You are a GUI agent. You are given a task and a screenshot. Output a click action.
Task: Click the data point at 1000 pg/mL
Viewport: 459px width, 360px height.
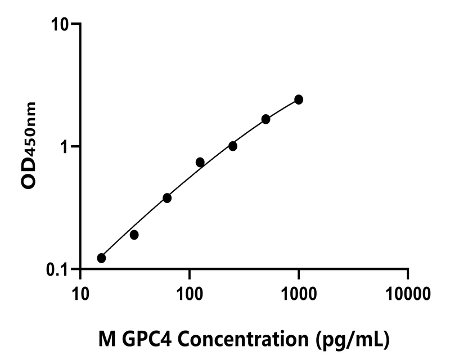(299, 100)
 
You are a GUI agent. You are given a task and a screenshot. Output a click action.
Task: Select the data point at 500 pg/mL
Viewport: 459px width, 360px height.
(266, 119)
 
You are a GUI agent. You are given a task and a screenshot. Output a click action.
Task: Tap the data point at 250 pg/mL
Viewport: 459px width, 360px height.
(233, 146)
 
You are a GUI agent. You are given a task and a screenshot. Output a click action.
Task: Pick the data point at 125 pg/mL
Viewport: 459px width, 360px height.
(200, 163)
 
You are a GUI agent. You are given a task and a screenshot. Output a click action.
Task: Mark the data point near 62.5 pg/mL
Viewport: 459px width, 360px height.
(167, 198)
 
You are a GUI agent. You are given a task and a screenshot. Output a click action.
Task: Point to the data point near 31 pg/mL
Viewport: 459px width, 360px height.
(134, 235)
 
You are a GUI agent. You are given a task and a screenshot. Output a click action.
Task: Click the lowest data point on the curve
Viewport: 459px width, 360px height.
(101, 258)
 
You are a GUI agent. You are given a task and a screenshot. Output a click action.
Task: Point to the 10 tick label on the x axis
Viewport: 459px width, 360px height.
(80, 293)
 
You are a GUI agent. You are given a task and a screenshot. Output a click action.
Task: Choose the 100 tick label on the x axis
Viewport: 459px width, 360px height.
(190, 293)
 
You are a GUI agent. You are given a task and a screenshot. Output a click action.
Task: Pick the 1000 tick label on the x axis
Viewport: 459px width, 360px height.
(299, 293)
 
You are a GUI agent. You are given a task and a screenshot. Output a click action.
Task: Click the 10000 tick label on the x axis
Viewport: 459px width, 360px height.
(408, 293)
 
